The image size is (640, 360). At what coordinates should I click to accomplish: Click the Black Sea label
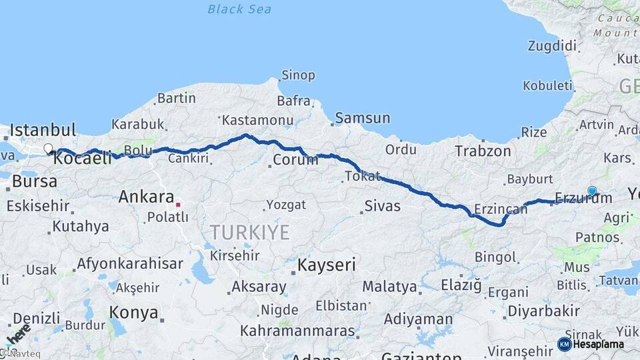(239, 9)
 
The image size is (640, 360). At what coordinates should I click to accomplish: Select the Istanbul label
(43, 129)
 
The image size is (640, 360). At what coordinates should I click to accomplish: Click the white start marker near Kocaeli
(48, 149)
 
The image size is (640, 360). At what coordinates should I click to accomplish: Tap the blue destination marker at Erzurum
(592, 191)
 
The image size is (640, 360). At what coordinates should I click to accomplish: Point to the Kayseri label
(326, 265)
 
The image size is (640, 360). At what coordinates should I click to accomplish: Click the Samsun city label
(363, 118)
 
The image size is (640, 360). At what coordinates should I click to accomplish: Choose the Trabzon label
(483, 151)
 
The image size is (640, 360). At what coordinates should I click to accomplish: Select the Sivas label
(383, 205)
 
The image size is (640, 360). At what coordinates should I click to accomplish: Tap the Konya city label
(133, 313)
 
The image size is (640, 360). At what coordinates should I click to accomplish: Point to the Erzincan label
(501, 209)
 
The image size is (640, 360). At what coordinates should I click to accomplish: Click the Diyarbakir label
(543, 311)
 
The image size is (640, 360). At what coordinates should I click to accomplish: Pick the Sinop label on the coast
(298, 75)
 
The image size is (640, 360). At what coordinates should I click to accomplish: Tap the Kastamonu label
(258, 120)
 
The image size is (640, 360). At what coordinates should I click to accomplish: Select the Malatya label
(390, 287)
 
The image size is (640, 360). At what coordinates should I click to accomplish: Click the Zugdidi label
(551, 46)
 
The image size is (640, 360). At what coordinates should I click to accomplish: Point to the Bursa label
(35, 181)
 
